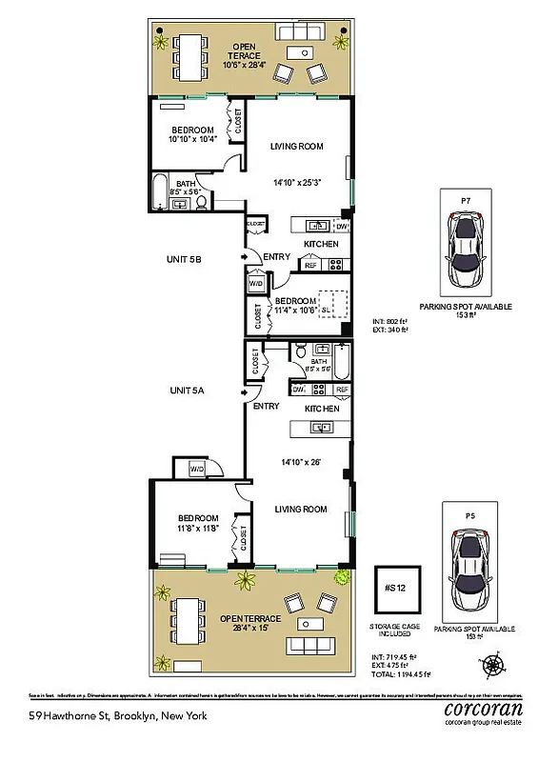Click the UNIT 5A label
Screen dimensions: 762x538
click(189, 391)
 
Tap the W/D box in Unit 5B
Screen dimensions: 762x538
click(255, 284)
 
